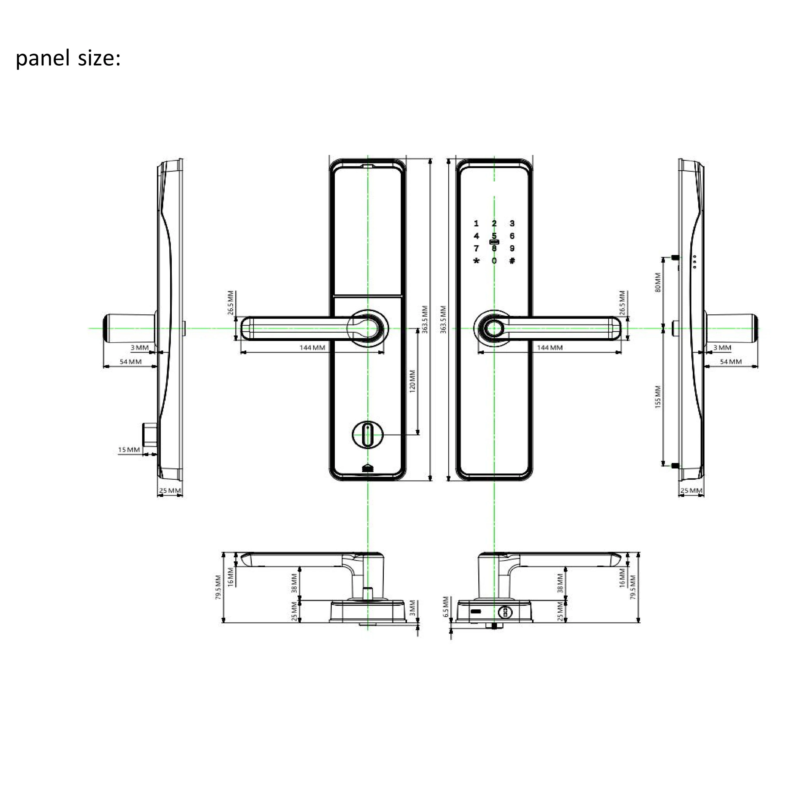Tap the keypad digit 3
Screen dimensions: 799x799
pos(512,223)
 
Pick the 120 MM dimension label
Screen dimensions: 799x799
pos(412,381)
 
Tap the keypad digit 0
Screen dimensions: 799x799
pos(494,261)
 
